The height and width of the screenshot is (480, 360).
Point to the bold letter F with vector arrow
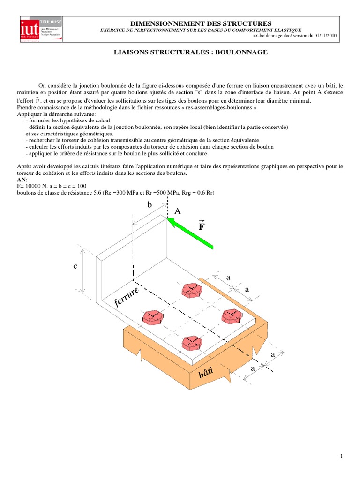coord(202,226)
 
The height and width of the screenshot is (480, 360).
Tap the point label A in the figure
coord(177,211)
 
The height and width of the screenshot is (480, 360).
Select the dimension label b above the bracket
coord(150,205)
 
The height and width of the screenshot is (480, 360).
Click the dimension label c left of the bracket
coord(75,266)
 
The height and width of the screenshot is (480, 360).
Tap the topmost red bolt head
coord(192,290)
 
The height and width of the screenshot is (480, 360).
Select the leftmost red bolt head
coord(153,317)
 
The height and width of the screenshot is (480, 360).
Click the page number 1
coord(342,456)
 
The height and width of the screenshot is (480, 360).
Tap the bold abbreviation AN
coord(22,180)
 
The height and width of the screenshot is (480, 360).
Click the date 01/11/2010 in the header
coord(321,36)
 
